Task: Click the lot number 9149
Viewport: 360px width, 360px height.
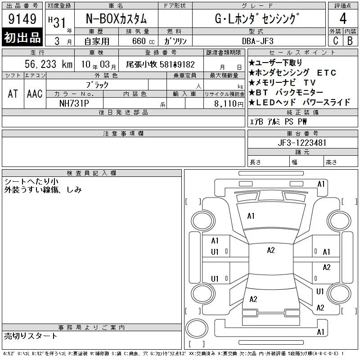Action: tap(22, 19)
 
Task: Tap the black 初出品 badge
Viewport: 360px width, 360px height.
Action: tap(22, 37)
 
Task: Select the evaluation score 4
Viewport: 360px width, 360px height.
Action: tap(343, 18)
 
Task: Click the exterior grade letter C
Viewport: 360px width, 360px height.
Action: tap(335, 40)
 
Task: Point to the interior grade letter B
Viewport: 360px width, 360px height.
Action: tap(350, 40)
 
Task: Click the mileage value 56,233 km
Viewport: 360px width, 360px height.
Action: tap(49, 64)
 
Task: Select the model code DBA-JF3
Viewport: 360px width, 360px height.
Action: tap(257, 41)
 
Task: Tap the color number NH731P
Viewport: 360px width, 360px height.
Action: tap(74, 103)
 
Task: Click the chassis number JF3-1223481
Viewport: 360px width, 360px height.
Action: tap(302, 143)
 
